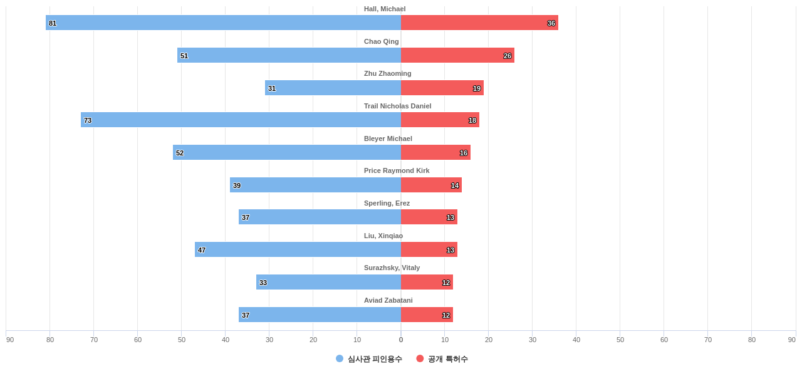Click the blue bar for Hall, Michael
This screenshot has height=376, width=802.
pos(223,23)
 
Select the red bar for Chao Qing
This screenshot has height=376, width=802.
pos(457,55)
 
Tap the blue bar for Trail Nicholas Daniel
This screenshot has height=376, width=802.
pos(241,120)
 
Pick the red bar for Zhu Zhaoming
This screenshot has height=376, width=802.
pos(442,88)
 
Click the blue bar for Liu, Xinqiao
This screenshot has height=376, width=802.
pos(298,249)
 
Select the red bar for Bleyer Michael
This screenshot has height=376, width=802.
pos(435,152)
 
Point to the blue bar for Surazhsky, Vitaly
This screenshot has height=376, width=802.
pos(328,282)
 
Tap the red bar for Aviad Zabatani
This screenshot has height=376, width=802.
pos(427,315)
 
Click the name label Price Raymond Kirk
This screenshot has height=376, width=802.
pos(397,170)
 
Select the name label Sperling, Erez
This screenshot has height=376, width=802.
pos(387,203)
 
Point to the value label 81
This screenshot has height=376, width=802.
pos(53,23)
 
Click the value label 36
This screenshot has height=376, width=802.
pos(551,23)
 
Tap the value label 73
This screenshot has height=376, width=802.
pos(88,120)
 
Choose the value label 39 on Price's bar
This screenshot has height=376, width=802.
pos(237,185)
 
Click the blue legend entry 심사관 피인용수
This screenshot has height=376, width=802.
pos(369,359)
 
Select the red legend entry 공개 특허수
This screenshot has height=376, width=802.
pos(442,359)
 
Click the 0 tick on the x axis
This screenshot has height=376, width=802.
pos(401,340)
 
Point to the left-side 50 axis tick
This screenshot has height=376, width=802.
pos(182,340)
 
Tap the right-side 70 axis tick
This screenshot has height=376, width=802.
pos(708,340)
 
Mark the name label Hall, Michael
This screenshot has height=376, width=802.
pos(385,9)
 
